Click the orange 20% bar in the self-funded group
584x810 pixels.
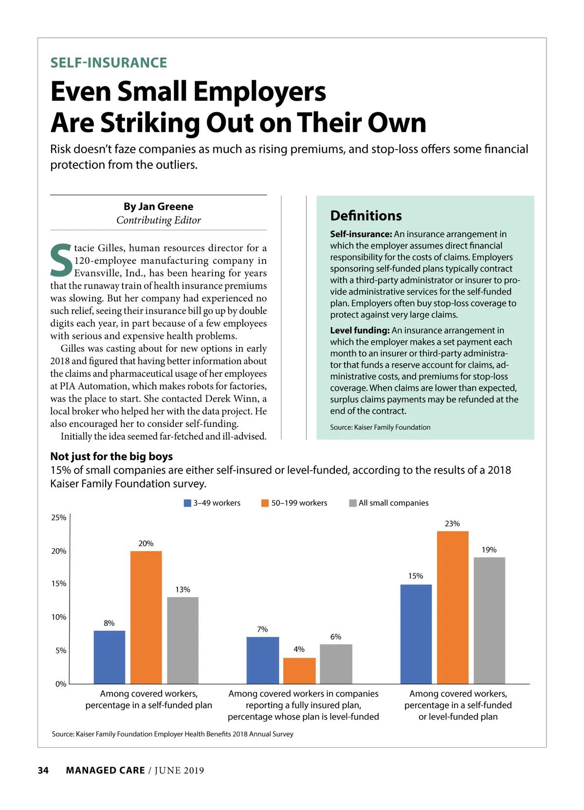point(146,617)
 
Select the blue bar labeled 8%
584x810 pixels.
point(109,657)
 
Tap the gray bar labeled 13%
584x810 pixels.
point(182,640)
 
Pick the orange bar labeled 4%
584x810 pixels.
point(299,671)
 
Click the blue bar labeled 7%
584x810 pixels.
point(262,660)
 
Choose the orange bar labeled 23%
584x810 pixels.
point(453,607)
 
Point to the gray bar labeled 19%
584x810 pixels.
point(489,620)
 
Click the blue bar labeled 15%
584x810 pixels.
point(416,634)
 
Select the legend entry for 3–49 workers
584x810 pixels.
point(212,503)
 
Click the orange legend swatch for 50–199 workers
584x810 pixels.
point(265,503)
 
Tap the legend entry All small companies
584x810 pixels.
point(389,503)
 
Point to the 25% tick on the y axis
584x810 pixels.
point(59,517)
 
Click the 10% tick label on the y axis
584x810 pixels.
point(59,617)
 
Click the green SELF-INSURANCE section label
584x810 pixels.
point(109,63)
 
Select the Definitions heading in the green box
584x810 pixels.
point(366,216)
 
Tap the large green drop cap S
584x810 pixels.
point(61,261)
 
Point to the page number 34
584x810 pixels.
point(43,770)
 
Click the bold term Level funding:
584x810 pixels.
point(360,331)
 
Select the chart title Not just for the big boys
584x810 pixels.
point(111,457)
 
